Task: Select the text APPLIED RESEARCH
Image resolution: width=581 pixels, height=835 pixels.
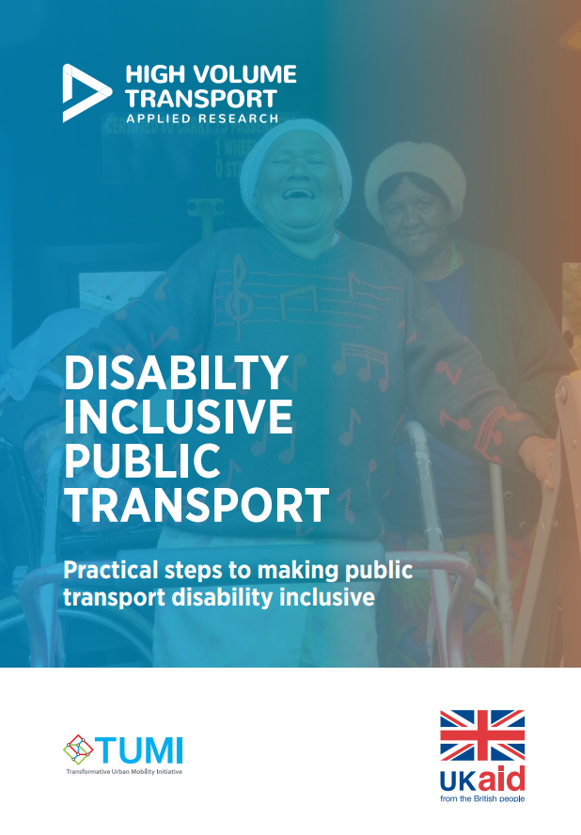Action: click(x=202, y=118)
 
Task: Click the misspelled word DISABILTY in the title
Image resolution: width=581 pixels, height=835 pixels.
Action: click(x=176, y=372)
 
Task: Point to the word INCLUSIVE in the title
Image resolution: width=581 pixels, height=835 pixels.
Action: click(x=179, y=417)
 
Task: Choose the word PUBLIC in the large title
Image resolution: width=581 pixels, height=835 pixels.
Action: click(x=142, y=461)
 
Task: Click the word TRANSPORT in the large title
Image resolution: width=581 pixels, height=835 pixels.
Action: click(x=196, y=505)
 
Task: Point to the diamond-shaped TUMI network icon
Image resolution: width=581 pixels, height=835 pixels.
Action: click(x=78, y=748)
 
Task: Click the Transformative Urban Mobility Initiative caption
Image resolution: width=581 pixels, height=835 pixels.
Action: click(x=124, y=772)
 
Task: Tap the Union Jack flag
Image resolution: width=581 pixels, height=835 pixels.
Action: click(x=482, y=735)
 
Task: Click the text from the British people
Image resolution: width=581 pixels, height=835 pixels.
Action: click(x=482, y=798)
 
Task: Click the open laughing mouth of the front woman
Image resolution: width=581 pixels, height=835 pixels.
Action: click(x=298, y=194)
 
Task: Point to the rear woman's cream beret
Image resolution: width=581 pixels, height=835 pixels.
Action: click(x=416, y=176)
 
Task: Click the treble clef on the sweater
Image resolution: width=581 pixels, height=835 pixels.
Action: click(x=239, y=296)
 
